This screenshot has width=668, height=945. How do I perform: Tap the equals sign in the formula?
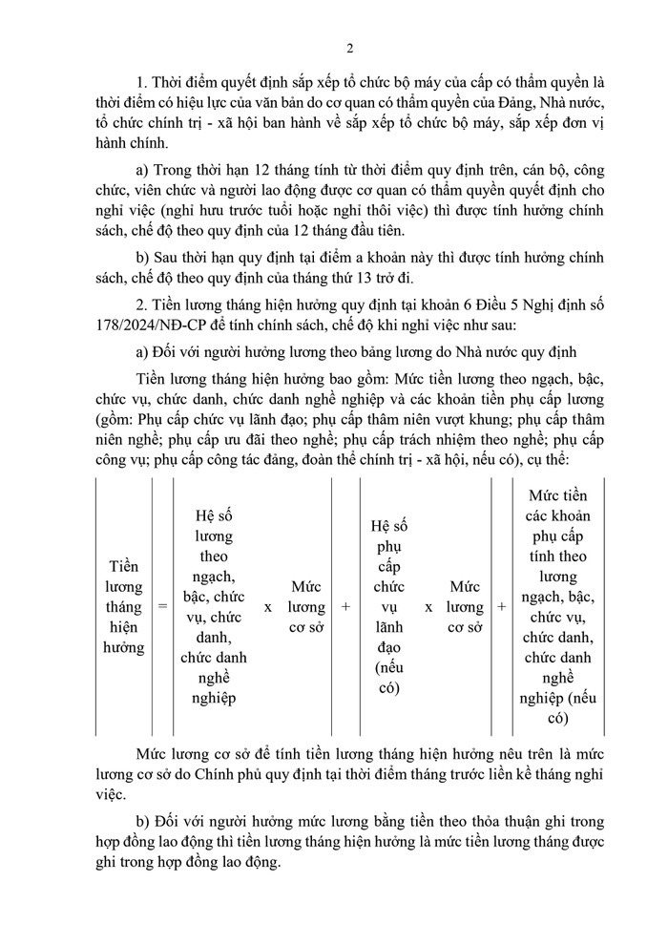tap(162, 606)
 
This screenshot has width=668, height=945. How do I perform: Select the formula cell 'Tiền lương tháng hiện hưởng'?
tap(123, 606)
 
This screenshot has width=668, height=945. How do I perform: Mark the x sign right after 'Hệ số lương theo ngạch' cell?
tap(267, 606)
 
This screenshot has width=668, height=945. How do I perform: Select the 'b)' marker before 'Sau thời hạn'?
tap(144, 255)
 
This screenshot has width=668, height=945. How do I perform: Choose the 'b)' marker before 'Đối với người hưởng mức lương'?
tap(144, 820)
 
